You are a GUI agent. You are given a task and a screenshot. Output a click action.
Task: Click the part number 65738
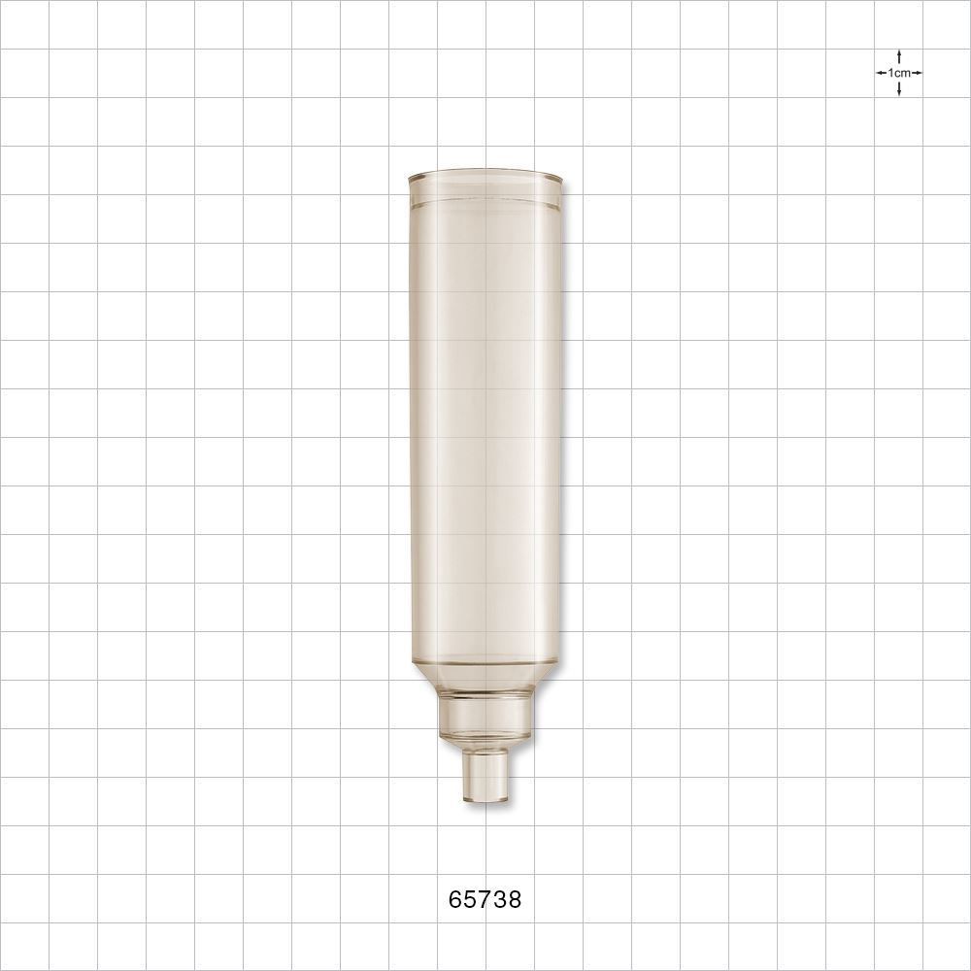point(485,900)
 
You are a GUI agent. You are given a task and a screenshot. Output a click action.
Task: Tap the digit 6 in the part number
point(456,900)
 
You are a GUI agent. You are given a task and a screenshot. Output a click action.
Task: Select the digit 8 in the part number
point(515,900)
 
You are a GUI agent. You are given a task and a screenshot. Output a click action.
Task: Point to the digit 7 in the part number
point(485,900)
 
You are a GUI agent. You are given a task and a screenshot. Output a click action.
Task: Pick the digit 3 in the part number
point(500,900)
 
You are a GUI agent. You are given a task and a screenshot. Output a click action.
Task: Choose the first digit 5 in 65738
point(471,900)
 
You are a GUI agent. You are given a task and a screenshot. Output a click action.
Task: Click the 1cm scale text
point(899,73)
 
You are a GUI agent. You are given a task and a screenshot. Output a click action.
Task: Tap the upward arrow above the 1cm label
point(900,55)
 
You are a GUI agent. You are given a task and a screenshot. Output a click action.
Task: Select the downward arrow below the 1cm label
point(900,89)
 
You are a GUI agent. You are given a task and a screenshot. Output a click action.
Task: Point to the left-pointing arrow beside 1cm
point(881,73)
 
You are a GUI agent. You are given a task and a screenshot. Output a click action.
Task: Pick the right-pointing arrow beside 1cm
point(918,73)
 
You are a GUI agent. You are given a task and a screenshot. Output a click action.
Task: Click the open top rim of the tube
point(485,180)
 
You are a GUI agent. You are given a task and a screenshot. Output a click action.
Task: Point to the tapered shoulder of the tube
point(485,676)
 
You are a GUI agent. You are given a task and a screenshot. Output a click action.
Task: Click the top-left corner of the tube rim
point(410,178)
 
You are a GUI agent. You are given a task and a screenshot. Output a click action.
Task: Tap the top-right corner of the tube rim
point(561,178)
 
